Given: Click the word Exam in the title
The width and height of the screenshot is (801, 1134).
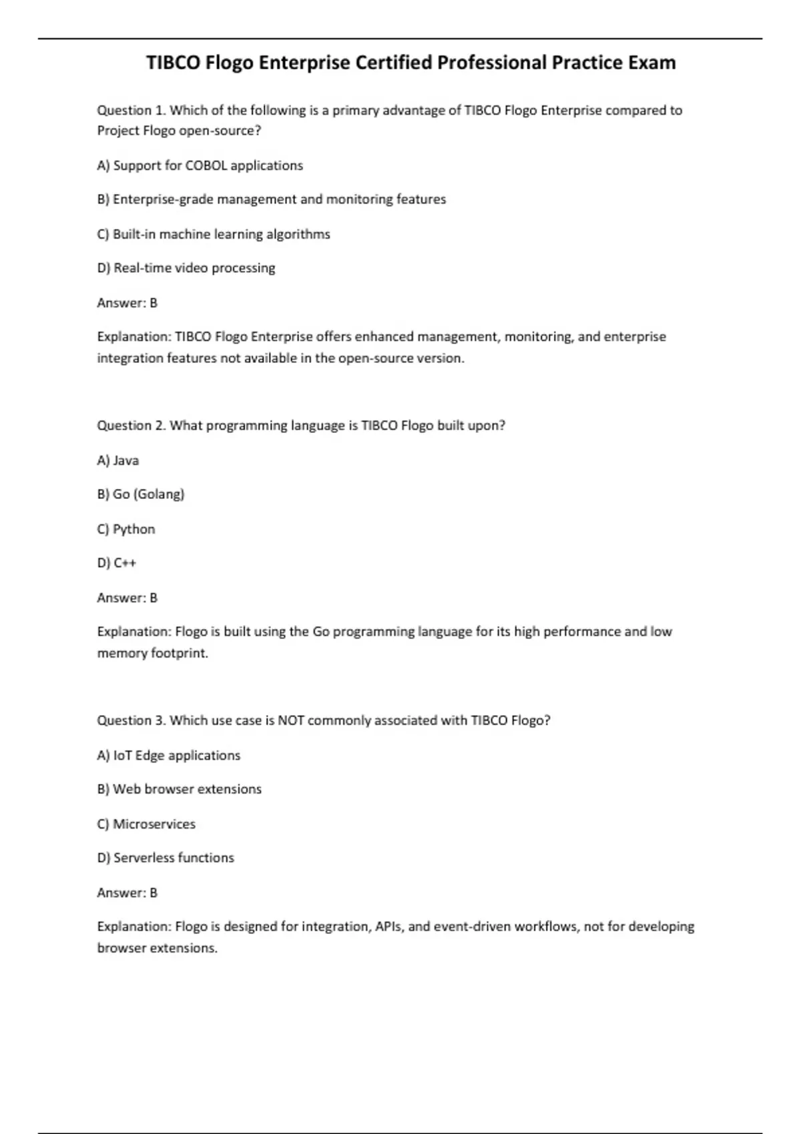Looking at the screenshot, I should click(x=651, y=63).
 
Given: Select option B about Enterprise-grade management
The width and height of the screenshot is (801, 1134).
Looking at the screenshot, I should click(x=272, y=199).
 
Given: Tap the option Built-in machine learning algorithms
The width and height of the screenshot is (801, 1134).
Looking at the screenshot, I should click(x=214, y=234).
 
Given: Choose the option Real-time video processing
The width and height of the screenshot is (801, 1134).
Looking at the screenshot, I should click(x=186, y=268).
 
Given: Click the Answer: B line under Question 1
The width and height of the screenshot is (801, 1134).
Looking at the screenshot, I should click(x=127, y=303).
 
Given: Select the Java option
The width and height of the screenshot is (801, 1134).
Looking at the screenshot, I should click(x=118, y=460).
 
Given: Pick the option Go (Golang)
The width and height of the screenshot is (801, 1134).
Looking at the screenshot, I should click(x=141, y=494).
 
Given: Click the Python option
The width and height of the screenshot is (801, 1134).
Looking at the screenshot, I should click(x=126, y=529).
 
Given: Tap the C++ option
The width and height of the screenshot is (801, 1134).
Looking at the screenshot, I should click(x=117, y=563).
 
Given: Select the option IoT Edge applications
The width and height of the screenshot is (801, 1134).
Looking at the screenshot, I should click(x=169, y=755).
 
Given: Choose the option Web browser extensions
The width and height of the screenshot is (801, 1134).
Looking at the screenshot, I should click(x=180, y=789).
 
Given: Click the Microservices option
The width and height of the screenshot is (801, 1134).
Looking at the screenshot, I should click(x=146, y=824).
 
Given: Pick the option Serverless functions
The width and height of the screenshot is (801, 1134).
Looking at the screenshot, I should click(x=166, y=858).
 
